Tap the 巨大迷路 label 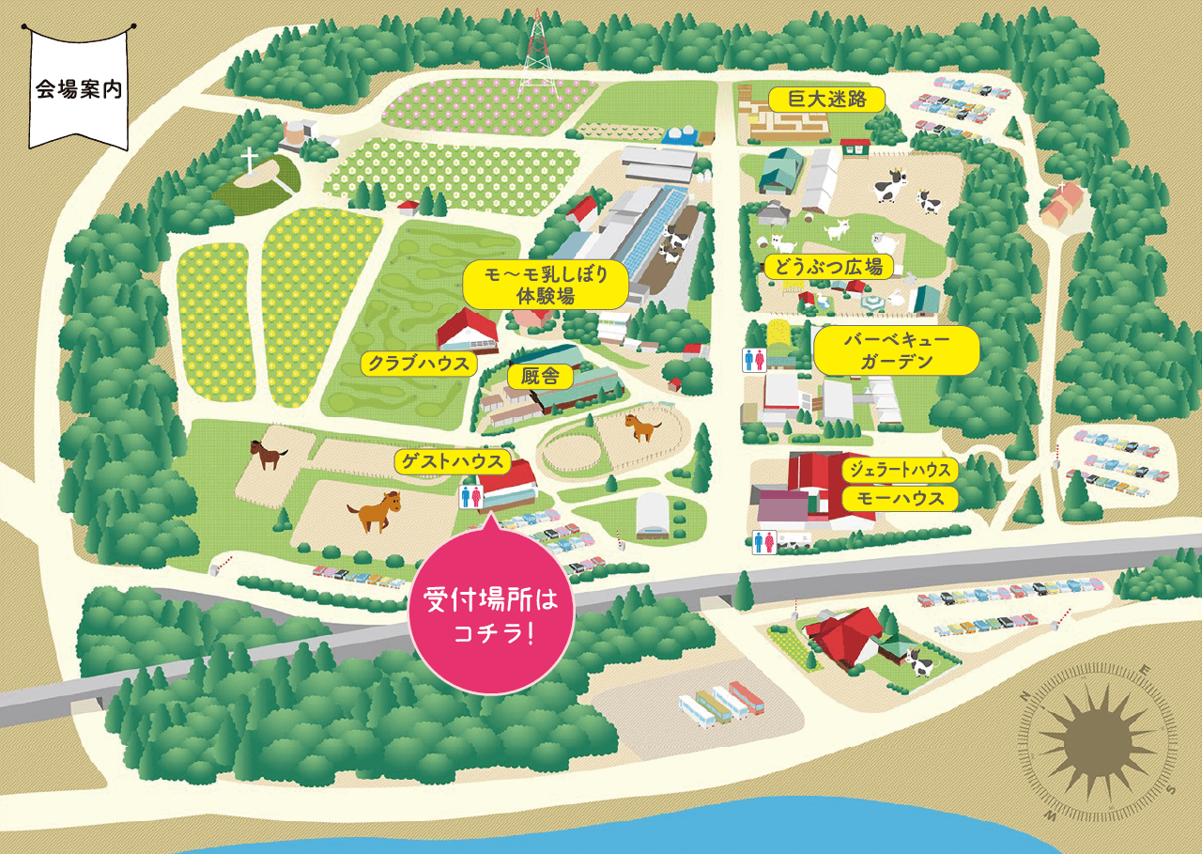827,100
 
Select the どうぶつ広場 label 827,267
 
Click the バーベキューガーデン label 896,351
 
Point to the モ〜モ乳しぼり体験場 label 545,285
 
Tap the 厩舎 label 540,376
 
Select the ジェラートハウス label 900,470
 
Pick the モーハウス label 900,498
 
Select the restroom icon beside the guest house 467,496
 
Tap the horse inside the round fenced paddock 642,427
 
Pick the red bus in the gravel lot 747,698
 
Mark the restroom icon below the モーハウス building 763,543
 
